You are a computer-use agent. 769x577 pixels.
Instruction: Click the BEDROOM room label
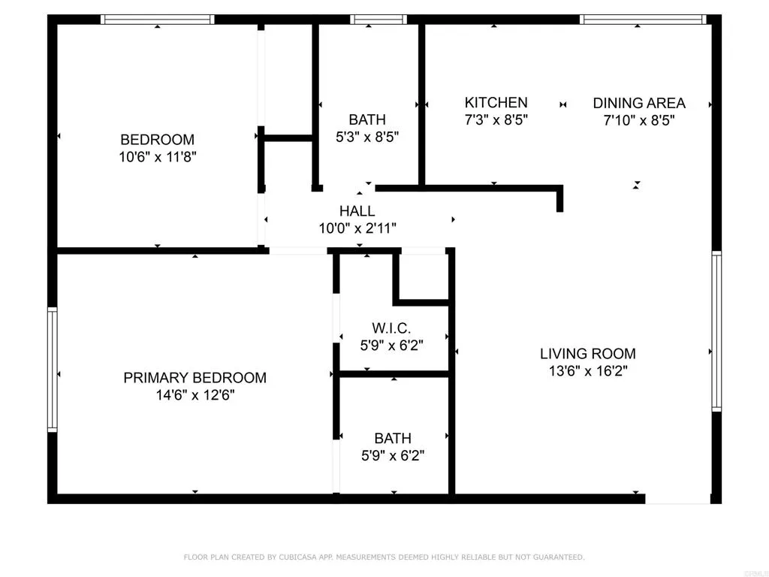pos(157,140)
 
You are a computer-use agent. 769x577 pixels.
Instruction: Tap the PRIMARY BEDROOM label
pos(195,378)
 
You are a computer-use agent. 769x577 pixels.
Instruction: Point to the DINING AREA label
pos(639,103)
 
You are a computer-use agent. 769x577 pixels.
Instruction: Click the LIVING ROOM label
pos(587,353)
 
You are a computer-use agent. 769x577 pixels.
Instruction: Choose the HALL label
pos(357,211)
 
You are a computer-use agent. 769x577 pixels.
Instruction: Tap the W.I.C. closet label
pos(391,328)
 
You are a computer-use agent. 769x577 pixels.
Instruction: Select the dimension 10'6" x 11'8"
pos(157,157)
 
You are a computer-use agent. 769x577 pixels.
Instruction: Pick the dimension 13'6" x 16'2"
pos(587,370)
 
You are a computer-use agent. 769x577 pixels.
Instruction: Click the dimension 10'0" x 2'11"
pos(357,228)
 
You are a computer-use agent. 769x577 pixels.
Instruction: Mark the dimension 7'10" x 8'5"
pos(639,120)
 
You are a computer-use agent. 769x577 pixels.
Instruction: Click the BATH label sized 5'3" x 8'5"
pos(367,119)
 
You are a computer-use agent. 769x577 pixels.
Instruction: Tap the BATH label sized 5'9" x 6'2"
pos(393,438)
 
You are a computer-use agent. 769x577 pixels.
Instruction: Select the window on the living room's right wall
pos(716,331)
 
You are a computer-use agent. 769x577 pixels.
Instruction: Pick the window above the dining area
pos(643,20)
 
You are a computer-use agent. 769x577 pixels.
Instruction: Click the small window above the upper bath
pos(369,20)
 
